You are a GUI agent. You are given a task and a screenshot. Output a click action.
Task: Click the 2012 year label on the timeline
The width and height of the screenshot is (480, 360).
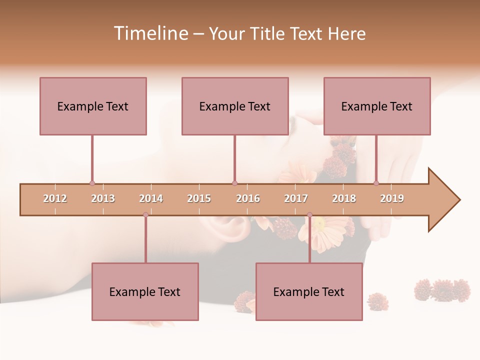click(55, 198)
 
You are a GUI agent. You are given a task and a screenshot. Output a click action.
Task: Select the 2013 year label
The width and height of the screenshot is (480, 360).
click(103, 198)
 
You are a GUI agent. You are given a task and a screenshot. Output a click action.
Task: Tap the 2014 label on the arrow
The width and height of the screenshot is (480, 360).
click(151, 198)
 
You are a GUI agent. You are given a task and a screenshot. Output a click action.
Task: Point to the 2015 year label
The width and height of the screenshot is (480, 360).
click(199, 198)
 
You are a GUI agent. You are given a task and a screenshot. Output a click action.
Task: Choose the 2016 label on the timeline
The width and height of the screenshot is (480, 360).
click(248, 198)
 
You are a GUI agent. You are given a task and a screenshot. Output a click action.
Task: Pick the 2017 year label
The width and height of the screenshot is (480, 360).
click(296, 198)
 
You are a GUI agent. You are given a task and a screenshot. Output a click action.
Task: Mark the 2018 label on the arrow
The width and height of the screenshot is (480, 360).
click(344, 198)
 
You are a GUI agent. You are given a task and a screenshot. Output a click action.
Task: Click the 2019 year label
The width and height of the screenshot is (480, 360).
click(392, 198)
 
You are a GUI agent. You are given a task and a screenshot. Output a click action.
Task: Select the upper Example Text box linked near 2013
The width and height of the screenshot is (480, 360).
click(93, 106)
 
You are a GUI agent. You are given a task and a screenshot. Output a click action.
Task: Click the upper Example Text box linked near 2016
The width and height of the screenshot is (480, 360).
click(235, 106)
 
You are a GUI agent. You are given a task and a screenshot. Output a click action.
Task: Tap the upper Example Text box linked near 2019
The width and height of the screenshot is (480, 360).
click(377, 106)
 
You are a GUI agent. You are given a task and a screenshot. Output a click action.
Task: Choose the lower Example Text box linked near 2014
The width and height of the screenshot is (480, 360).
click(145, 291)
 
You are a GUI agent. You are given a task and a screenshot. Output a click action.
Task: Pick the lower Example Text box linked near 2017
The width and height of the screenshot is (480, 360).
click(309, 291)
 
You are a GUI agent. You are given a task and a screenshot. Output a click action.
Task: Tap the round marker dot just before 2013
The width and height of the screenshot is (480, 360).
click(92, 183)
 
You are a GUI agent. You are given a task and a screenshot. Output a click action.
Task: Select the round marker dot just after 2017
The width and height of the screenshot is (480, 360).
click(309, 215)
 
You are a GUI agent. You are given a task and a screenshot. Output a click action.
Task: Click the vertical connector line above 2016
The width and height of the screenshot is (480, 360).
click(234, 158)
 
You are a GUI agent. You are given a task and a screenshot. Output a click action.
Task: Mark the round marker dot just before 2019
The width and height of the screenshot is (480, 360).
click(376, 183)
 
